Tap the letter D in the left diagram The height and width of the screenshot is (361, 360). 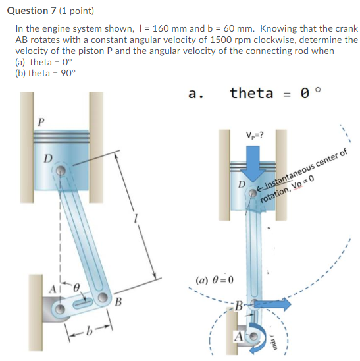tap(47, 158)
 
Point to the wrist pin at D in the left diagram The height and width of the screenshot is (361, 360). tap(60, 169)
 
